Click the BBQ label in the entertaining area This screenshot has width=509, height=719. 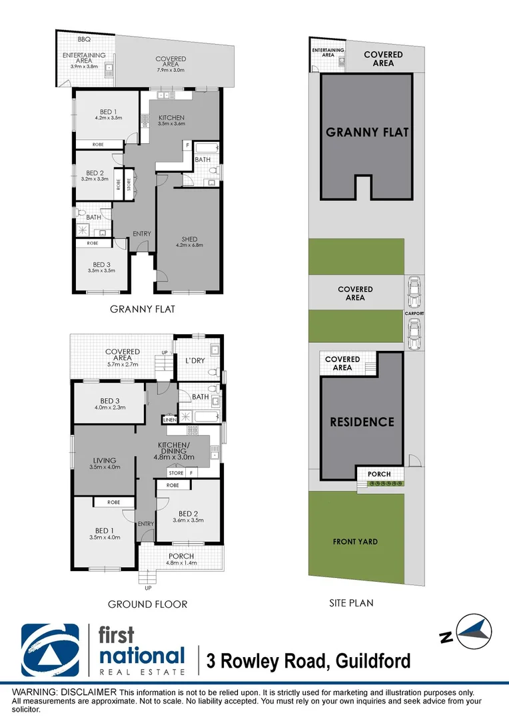pos(84,39)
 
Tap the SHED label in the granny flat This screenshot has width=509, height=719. pos(189,239)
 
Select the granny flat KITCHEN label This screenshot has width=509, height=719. pos(171,118)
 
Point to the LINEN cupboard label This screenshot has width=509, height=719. pos(169,420)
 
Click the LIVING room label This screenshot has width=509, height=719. pos(105,460)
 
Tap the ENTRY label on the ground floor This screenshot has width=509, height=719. pos(145,524)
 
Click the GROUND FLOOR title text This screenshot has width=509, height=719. pos(148,604)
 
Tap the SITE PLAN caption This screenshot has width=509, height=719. pos(351,603)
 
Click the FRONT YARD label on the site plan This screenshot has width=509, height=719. pos(355,542)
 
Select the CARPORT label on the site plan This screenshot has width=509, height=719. pos(413,313)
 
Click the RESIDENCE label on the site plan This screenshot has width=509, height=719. pos(362,422)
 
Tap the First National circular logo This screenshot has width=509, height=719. pos(51,650)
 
